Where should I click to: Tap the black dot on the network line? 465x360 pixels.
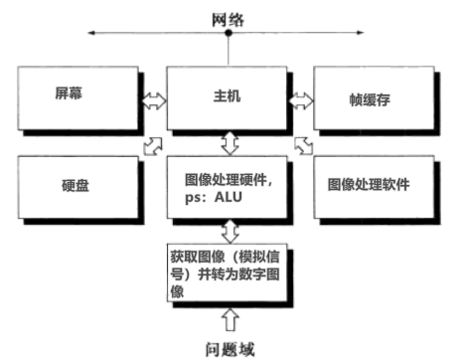229,35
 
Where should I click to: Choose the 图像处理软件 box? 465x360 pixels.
374,185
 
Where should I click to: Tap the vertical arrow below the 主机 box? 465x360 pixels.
229,144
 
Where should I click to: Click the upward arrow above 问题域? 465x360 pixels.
230,318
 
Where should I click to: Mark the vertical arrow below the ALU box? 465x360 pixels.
229,232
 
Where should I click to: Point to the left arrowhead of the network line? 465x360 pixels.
90,35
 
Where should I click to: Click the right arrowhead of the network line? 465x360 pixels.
366,35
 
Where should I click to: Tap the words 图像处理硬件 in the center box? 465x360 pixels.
229,184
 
